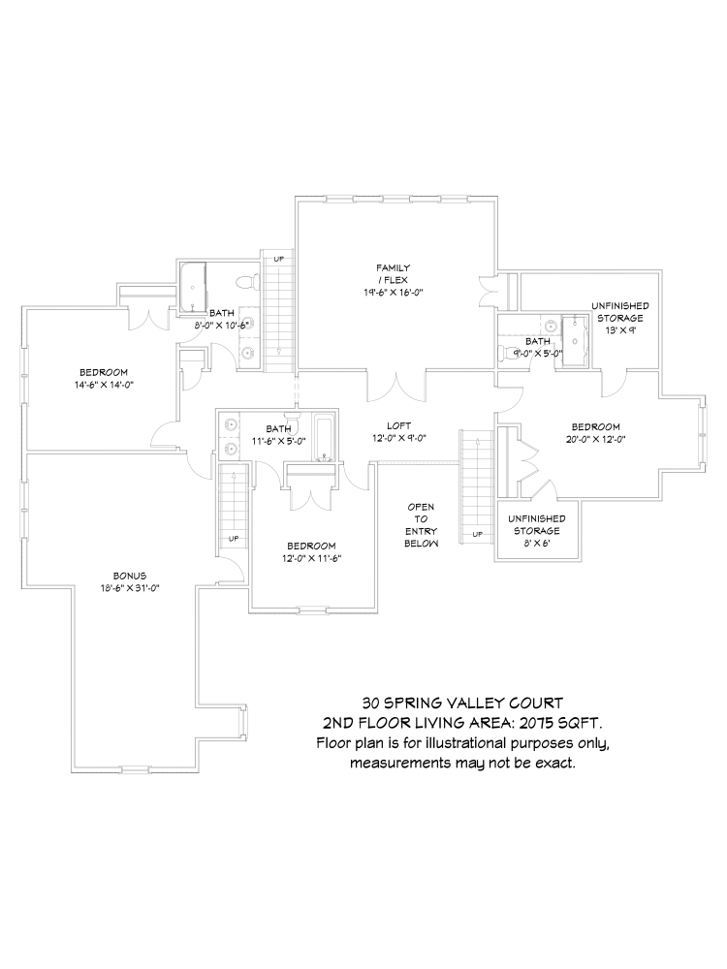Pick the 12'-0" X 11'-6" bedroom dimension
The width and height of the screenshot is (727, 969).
311,558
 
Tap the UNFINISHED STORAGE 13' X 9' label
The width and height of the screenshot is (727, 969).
619,318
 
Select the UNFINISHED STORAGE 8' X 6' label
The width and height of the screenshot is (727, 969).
535,531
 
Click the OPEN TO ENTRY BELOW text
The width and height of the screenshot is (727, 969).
422,525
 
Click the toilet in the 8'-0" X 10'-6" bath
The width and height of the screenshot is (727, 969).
248,282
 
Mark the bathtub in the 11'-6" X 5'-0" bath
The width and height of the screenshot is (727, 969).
324,438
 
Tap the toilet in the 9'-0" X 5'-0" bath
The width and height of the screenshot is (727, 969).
508,353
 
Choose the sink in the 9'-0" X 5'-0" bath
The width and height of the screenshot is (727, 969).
548,326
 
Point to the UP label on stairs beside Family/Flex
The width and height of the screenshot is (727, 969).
279,259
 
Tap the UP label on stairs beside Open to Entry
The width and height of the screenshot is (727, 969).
477,534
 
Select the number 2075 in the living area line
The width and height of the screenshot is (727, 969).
541,723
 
